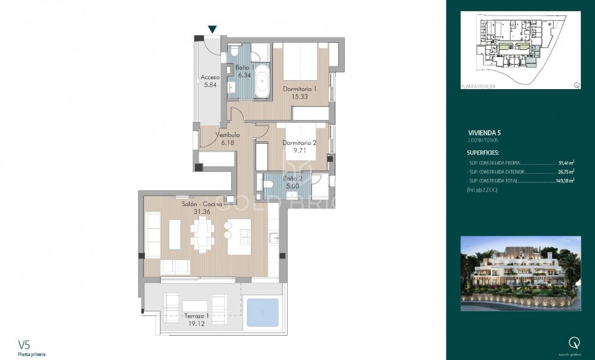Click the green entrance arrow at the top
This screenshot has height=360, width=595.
coord(212,29)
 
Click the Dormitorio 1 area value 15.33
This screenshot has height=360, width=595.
coord(299,96)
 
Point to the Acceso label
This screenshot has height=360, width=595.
coord(210,77)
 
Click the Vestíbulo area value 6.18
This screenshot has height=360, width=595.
coord(227,143)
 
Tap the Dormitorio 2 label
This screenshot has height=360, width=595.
coord(299,143)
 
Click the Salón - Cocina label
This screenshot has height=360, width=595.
coord(202,204)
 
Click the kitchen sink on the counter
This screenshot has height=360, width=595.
coord(275,238)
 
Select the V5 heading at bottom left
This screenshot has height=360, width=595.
coord(24,345)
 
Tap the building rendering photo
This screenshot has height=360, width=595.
coord(521,273)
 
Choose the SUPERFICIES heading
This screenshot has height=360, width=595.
coord(483,153)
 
